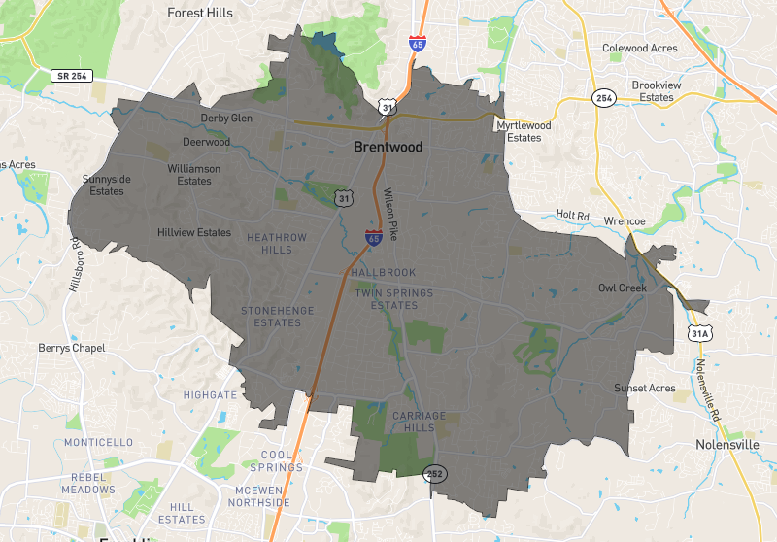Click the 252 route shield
click(x=434, y=472)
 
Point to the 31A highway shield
click(x=699, y=333)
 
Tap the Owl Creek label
click(x=622, y=288)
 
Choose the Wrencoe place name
click(x=625, y=221)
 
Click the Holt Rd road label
click(x=573, y=215)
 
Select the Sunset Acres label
click(x=644, y=389)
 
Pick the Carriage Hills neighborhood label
click(x=419, y=422)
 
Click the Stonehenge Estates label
click(x=271, y=317)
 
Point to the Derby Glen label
click(x=226, y=119)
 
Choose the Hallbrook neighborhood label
click(x=384, y=273)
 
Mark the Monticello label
click(x=98, y=442)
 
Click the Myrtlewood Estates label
click(x=524, y=132)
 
